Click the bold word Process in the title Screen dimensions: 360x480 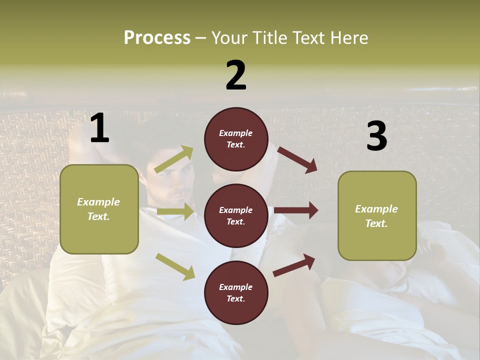coord(157,38)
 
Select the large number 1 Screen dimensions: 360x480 coord(100,128)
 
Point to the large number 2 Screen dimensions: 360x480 coord(236,75)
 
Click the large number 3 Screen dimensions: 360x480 coord(376,136)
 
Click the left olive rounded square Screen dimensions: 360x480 coord(99,209)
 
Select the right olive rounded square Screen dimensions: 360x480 coord(377,215)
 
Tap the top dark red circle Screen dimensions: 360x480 coord(236,138)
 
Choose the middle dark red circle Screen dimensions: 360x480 coord(236,215)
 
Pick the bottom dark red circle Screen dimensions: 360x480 coord(236,292)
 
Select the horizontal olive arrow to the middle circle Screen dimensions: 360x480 coord(175,211)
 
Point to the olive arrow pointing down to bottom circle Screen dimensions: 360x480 coord(175,266)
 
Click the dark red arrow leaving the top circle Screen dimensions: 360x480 coord(297,160)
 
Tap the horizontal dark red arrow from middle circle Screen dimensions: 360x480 coord(296,210)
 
